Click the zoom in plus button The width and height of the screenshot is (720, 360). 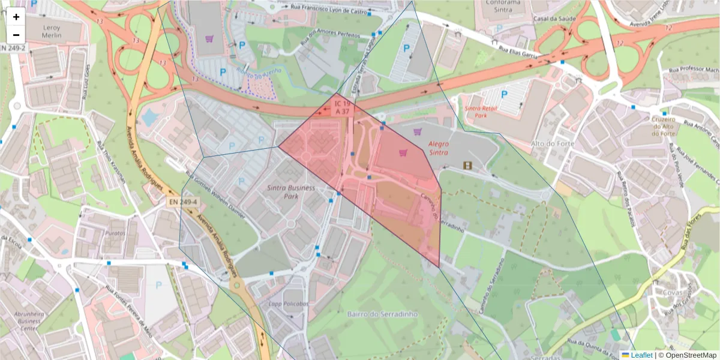coord(16,17)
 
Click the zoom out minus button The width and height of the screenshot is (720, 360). coord(16,35)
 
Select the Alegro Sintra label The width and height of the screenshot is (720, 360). coord(439,149)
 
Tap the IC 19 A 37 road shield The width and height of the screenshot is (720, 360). coord(343,108)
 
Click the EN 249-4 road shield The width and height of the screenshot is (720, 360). coord(183,203)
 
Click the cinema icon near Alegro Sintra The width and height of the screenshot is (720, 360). coord(467,165)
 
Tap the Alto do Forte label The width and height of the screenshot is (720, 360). coord(553,143)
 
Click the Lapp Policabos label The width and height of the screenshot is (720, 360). coord(289,304)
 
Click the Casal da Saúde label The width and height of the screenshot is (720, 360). coord(559,19)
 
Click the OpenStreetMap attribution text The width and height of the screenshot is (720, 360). coord(687,355)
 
